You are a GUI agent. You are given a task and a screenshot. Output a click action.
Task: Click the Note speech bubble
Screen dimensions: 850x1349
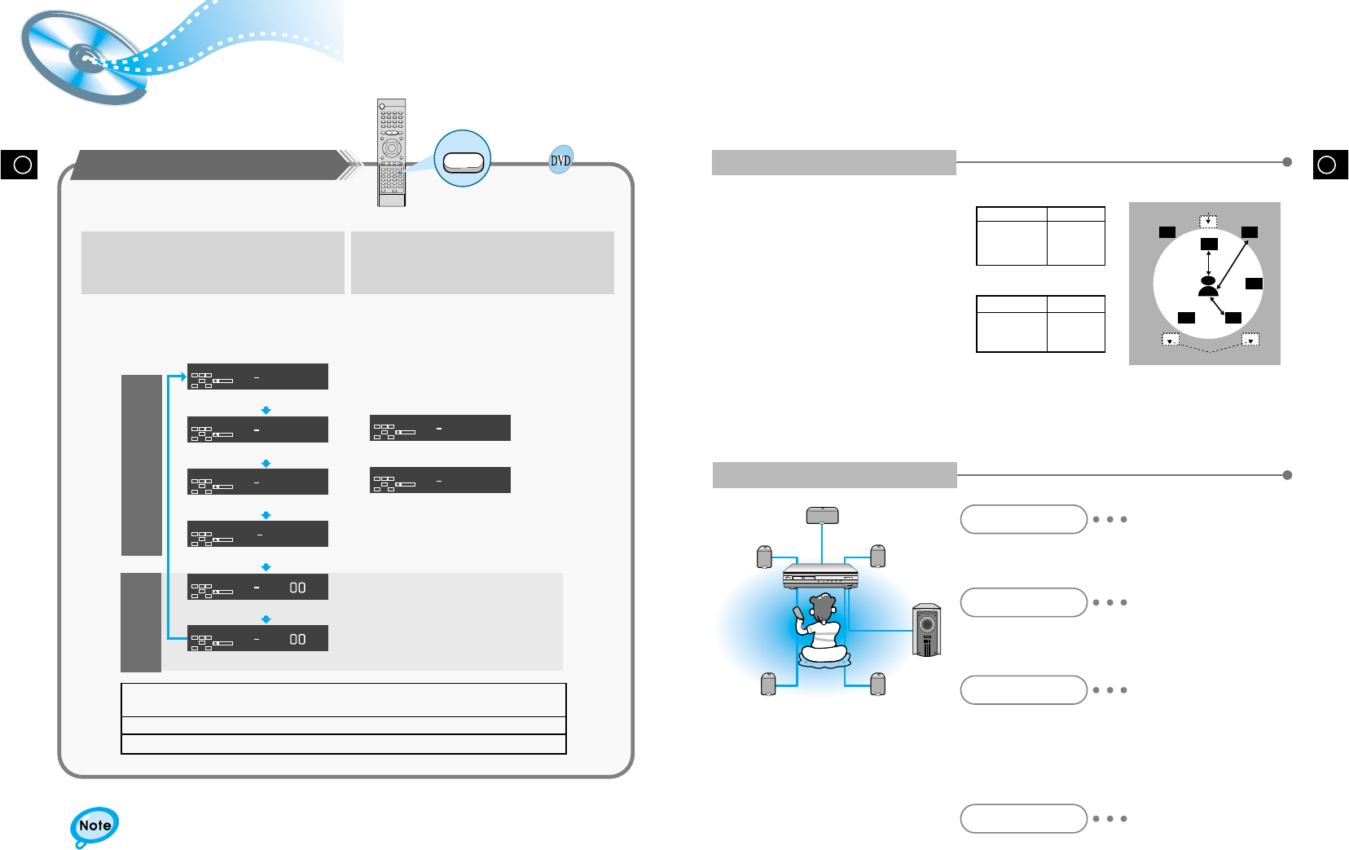pyautogui.click(x=94, y=826)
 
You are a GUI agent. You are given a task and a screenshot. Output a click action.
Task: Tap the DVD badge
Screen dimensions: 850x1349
pyautogui.click(x=560, y=161)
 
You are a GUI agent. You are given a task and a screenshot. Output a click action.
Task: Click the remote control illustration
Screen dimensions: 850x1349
pyautogui.click(x=391, y=152)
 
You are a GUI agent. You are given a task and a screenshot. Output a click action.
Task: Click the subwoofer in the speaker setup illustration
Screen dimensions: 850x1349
pyautogui.click(x=927, y=630)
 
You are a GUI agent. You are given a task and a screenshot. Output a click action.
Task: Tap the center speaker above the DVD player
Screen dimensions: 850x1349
pyautogui.click(x=822, y=515)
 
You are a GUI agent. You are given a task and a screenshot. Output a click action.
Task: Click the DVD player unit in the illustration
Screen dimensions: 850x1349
pyautogui.click(x=820, y=575)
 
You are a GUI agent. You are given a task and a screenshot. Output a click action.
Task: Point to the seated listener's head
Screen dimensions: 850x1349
pyautogui.click(x=823, y=607)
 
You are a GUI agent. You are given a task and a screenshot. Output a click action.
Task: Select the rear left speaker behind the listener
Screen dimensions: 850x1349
pyautogui.click(x=767, y=684)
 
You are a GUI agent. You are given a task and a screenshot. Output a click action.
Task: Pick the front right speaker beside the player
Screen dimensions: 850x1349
pyautogui.click(x=877, y=556)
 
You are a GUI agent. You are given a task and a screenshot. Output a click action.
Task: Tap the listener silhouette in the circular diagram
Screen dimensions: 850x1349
pyautogui.click(x=1208, y=286)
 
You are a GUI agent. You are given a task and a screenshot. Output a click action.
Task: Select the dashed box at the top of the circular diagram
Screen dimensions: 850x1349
pyautogui.click(x=1208, y=221)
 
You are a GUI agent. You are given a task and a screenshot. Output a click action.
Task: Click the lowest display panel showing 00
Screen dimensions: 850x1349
pyautogui.click(x=257, y=638)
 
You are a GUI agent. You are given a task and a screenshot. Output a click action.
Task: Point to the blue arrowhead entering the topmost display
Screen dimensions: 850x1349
pyautogui.click(x=182, y=377)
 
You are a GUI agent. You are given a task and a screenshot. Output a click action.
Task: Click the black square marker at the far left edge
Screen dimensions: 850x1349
pyautogui.click(x=19, y=164)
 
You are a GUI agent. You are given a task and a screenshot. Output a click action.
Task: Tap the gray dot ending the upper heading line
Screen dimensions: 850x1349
pyautogui.click(x=1287, y=162)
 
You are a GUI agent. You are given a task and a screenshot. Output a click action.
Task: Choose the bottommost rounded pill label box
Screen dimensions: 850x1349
pyautogui.click(x=1023, y=818)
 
